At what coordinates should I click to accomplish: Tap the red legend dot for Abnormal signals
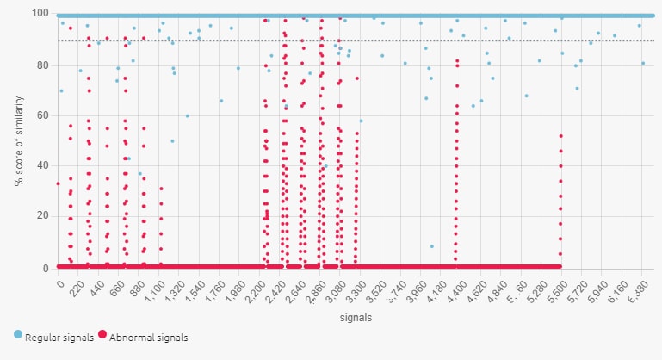(104, 336)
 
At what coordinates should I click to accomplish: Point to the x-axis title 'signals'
(350, 318)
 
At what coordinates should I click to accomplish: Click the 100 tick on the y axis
(41, 14)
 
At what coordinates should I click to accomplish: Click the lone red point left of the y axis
(58, 183)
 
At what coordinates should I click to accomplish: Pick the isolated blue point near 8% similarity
(432, 246)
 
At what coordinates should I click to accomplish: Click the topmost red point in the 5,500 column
(560, 136)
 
